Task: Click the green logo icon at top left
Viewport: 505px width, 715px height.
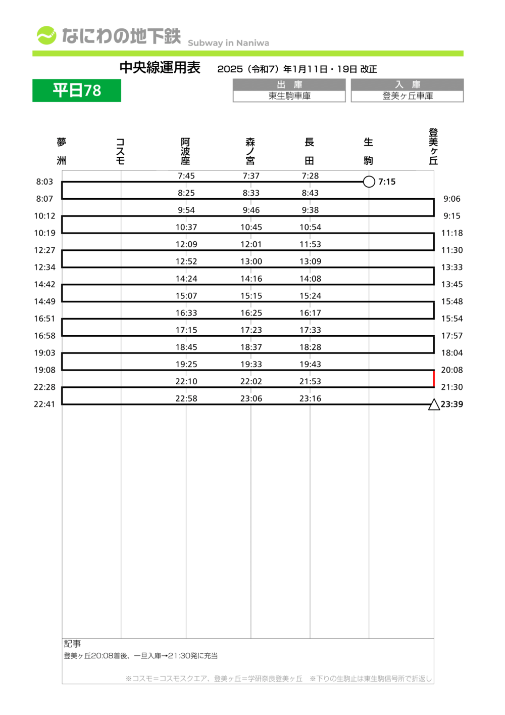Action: pyautogui.click(x=46, y=35)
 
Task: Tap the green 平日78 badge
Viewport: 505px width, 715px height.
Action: pyautogui.click(x=77, y=91)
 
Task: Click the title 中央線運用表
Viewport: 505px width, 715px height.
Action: pyautogui.click(x=160, y=68)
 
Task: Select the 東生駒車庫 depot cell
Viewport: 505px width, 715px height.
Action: pyautogui.click(x=289, y=96)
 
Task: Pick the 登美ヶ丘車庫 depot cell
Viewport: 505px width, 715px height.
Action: pyautogui.click(x=408, y=96)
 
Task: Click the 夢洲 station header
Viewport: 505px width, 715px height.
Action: pyautogui.click(x=62, y=151)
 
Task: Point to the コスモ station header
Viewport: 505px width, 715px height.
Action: pyautogui.click(x=120, y=151)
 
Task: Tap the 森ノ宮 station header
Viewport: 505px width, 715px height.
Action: pyautogui.click(x=250, y=151)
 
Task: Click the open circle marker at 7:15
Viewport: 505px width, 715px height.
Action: pyautogui.click(x=369, y=182)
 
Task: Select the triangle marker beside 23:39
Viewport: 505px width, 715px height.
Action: pyautogui.click(x=434, y=405)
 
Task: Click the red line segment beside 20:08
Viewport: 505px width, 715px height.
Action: pyautogui.click(x=434, y=378)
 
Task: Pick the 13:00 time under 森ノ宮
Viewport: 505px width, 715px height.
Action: pyautogui.click(x=251, y=261)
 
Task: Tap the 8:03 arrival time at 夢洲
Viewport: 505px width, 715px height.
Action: pyautogui.click(x=44, y=182)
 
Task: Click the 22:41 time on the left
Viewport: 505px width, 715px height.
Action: pyautogui.click(x=44, y=404)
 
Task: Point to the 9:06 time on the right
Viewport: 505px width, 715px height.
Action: pyautogui.click(x=452, y=199)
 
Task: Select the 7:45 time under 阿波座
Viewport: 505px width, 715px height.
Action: pyautogui.click(x=186, y=176)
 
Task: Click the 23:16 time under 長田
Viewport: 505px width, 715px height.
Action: pyautogui.click(x=310, y=398)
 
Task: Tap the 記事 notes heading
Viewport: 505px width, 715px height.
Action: pyautogui.click(x=72, y=644)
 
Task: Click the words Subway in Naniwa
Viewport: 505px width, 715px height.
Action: pyautogui.click(x=228, y=43)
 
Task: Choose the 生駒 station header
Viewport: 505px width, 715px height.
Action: pyautogui.click(x=369, y=151)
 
